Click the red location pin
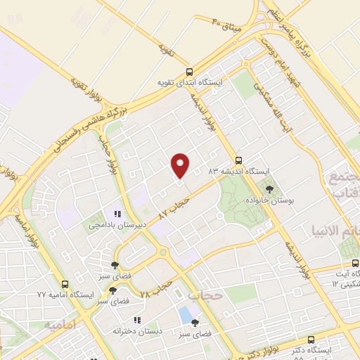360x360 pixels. point(181,165)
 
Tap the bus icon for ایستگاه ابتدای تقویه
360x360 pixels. point(188,72)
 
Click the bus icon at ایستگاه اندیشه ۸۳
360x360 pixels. point(238,160)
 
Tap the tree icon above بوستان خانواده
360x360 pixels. point(269,188)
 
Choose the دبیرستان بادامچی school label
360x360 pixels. point(115,226)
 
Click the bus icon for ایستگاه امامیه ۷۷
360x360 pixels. point(65,285)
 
